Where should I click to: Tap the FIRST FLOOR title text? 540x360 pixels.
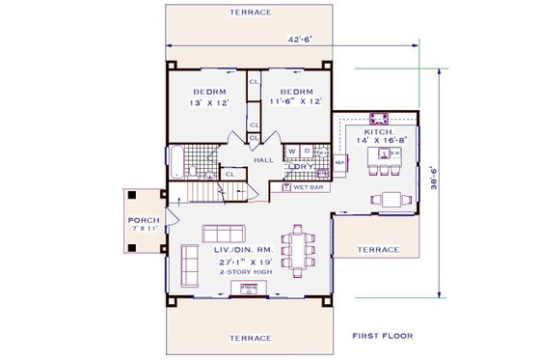point(382,336)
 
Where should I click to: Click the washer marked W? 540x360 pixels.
point(291,152)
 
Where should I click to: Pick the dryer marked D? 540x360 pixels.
point(307,152)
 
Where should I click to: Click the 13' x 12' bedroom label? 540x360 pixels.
point(208,97)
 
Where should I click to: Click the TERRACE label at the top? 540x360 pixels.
point(250,13)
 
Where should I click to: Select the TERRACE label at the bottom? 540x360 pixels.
point(250,339)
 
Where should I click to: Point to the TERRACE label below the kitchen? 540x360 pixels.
point(378,249)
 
